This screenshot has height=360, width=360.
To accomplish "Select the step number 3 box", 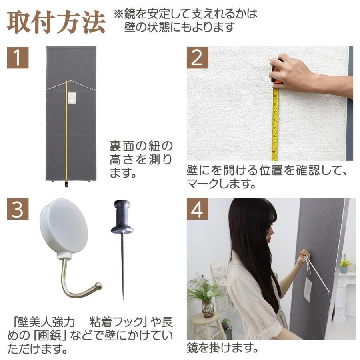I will click(x=18, y=209).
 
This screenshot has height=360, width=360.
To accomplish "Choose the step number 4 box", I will click(x=197, y=209).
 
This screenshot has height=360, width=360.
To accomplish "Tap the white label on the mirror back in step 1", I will click(x=72, y=98).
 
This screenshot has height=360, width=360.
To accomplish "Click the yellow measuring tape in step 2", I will click(x=275, y=124).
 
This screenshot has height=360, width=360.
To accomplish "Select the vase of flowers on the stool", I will click(x=207, y=306).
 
